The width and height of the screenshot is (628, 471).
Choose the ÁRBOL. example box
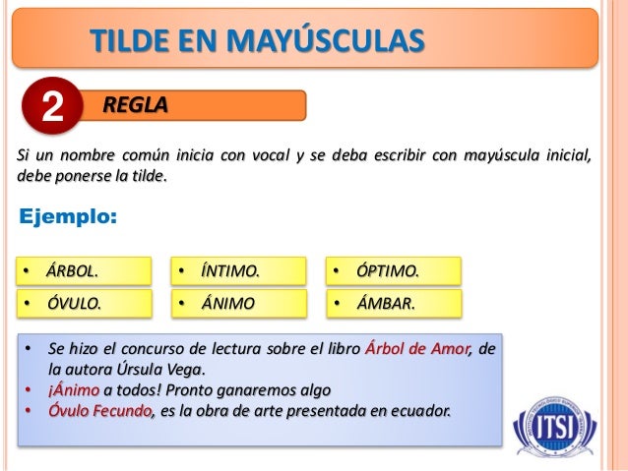(x=85, y=270)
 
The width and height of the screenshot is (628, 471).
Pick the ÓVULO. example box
(x=85, y=303)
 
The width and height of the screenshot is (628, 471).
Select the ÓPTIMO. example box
(x=394, y=270)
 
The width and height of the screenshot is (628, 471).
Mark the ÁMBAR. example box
(x=394, y=303)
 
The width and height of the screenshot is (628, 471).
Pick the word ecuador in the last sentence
(x=420, y=409)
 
